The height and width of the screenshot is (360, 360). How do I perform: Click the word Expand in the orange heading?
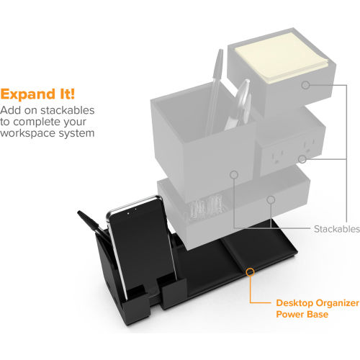[28, 94]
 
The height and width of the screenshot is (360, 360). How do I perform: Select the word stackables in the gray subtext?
[68, 110]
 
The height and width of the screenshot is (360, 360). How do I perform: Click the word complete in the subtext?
[38, 122]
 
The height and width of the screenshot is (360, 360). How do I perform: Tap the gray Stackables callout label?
[337, 229]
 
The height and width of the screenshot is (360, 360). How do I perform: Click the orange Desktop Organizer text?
[318, 303]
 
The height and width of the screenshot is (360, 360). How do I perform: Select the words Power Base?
[302, 314]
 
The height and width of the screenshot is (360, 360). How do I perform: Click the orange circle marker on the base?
[250, 271]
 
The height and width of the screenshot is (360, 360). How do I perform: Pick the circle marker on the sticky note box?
[305, 85]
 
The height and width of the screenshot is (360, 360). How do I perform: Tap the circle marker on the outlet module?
[302, 159]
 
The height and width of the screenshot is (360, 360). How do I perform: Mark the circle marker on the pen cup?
[234, 174]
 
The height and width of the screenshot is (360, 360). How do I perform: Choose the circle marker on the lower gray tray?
[271, 199]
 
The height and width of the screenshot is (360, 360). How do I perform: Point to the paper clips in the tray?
[207, 207]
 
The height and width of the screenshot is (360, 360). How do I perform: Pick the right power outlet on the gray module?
[309, 145]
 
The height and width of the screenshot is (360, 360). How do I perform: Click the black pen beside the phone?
[94, 227]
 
